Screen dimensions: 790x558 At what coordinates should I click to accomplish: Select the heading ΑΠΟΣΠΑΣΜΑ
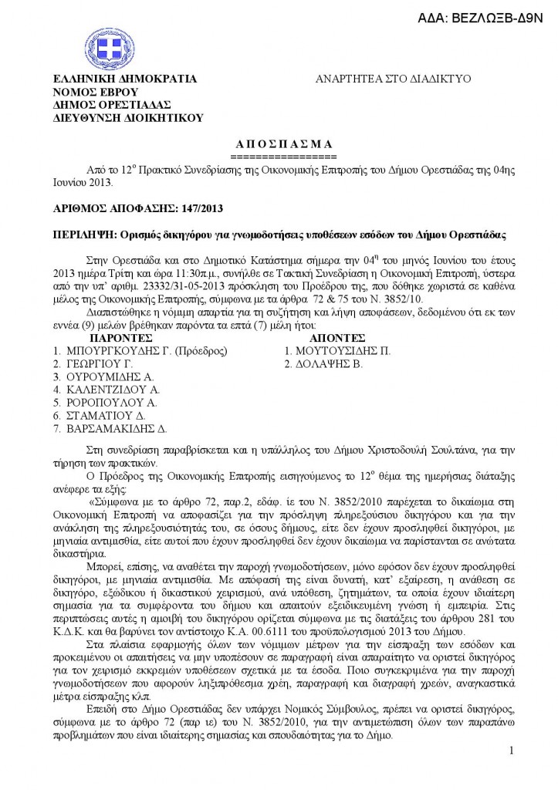coord(282,143)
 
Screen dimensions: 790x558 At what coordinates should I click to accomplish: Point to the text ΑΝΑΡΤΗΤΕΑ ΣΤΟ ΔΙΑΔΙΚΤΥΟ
coord(394,79)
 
